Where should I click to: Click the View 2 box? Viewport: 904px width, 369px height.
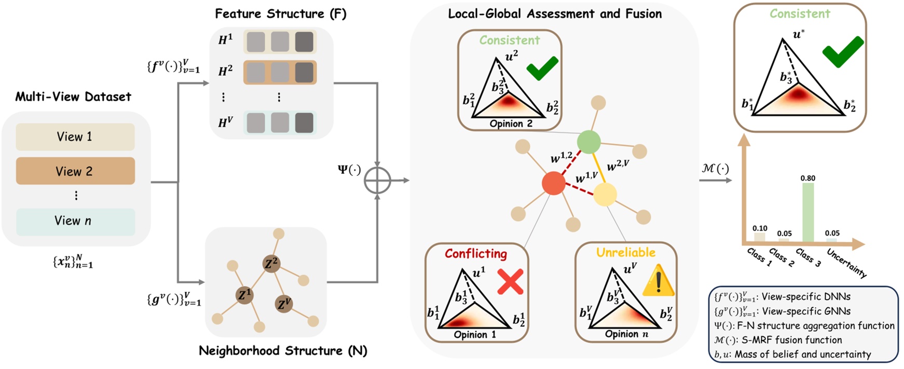point(75,171)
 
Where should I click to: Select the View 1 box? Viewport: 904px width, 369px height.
point(75,136)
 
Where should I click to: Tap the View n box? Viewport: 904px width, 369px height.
point(75,221)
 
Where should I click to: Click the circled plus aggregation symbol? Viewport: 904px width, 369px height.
point(377,181)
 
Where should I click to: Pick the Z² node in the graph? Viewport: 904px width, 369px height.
point(271,264)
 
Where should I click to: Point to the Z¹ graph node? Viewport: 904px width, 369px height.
point(244,295)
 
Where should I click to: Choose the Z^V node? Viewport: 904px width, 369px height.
point(284,304)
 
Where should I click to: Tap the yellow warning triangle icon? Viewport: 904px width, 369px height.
point(658,281)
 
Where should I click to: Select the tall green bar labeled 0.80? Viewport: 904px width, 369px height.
point(807,213)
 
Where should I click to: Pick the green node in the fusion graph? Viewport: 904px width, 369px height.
point(588,142)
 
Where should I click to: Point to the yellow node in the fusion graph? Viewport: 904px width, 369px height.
point(605,195)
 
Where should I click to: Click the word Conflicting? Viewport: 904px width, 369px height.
point(475,254)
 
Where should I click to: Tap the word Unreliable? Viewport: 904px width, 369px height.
point(625,253)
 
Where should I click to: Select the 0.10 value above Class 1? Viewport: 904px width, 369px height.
point(760,228)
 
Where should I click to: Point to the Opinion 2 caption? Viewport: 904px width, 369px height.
point(511,124)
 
